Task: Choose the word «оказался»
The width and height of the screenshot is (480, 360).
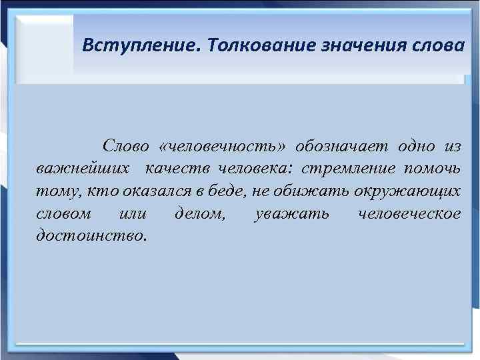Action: tap(149, 191)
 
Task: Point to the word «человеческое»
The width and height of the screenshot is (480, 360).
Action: tap(409, 214)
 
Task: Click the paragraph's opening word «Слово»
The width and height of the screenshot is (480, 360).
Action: tap(126, 146)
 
